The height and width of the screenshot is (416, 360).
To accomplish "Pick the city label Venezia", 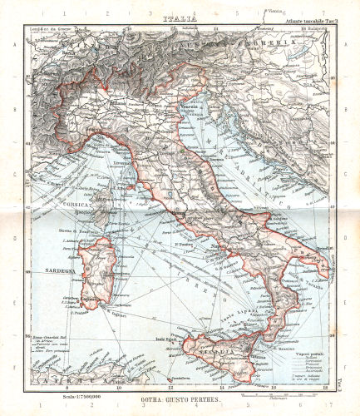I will [189, 111].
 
